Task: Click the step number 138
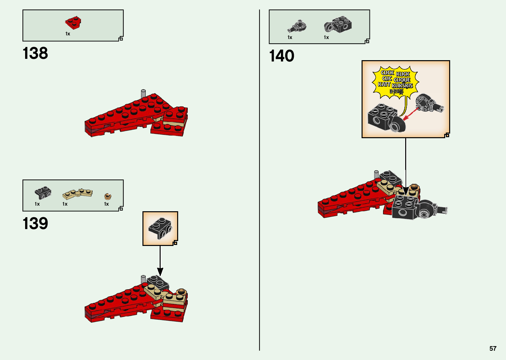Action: click(35, 53)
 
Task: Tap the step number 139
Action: click(35, 223)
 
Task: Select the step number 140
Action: click(282, 56)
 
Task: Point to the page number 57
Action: click(493, 348)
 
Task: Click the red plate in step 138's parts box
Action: click(73, 22)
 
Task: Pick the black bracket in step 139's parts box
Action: click(43, 192)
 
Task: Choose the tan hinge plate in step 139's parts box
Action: click(77, 193)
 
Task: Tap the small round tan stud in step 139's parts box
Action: click(108, 196)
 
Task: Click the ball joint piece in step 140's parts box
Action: click(297, 26)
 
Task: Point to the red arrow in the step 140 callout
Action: click(410, 114)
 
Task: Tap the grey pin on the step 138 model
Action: click(143, 93)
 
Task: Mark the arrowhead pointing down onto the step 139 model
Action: click(160, 272)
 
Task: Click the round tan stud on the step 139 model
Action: click(181, 292)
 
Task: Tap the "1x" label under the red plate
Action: click(68, 34)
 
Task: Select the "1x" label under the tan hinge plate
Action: click(65, 204)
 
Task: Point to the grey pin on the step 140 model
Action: click(376, 175)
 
